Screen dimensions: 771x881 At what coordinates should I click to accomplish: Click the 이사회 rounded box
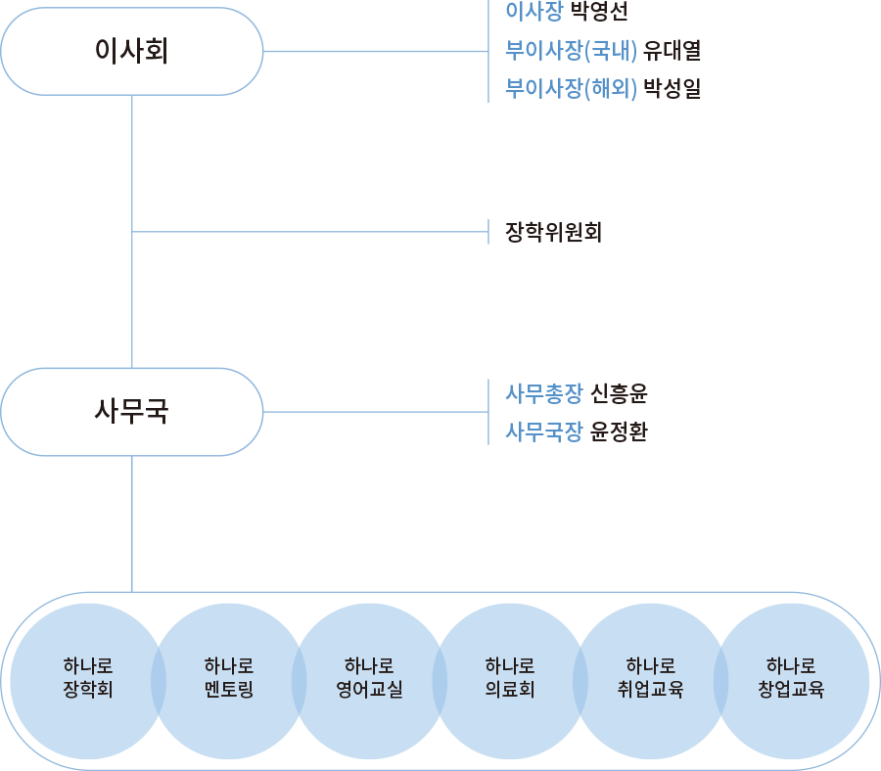pyautogui.click(x=132, y=51)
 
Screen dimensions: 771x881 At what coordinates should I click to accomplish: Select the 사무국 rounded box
pyautogui.click(x=132, y=412)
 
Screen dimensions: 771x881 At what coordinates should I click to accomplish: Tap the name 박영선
pyautogui.click(x=599, y=13)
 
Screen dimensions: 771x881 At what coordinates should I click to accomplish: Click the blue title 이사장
pyautogui.click(x=533, y=13)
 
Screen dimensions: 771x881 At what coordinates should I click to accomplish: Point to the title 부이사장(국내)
pyautogui.click(x=572, y=51)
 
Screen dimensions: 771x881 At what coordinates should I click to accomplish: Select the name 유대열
pyautogui.click(x=672, y=51)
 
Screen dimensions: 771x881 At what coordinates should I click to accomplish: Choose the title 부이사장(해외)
pyautogui.click(x=572, y=89)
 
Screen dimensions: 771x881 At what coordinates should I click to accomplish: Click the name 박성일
pyautogui.click(x=672, y=89)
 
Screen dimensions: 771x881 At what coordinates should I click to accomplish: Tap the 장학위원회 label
pyautogui.click(x=553, y=233)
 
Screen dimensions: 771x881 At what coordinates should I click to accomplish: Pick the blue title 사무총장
pyautogui.click(x=543, y=394)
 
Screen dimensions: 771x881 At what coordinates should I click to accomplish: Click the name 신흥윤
pyautogui.click(x=620, y=394)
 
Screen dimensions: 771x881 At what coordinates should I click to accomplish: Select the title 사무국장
pyautogui.click(x=543, y=431)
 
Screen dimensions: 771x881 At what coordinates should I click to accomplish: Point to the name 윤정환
pyautogui.click(x=620, y=431)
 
